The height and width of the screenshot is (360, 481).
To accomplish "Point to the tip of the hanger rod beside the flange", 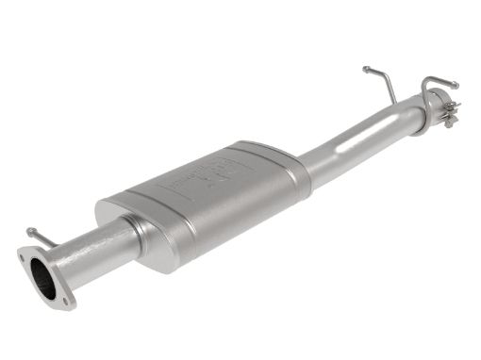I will click(30, 230).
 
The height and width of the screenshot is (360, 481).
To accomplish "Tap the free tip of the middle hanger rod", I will click(365, 69).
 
